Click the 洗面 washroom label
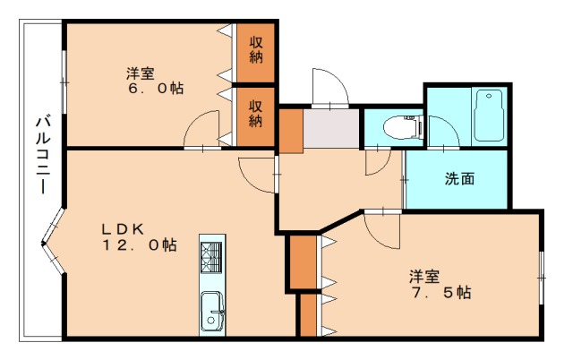click(x=459, y=178)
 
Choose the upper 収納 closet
click(x=255, y=50)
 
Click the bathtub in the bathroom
click(x=490, y=115)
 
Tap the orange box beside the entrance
click(x=290, y=130)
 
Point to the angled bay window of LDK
click(x=55, y=243)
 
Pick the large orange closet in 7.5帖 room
click(x=304, y=261)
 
